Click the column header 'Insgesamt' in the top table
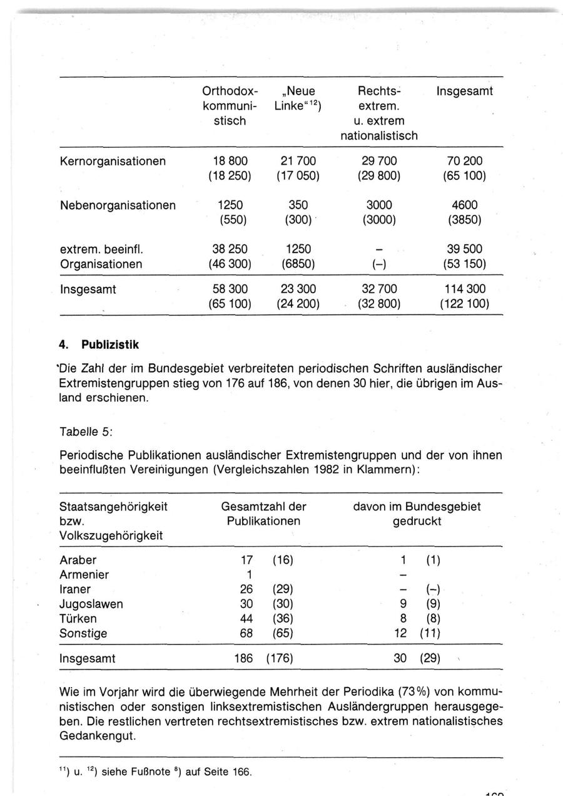pos(464,91)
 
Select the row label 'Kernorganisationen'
pos(113,161)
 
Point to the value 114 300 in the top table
pos(464,289)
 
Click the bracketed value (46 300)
pos(230,264)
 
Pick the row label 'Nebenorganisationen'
pos(117,205)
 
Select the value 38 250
pos(230,249)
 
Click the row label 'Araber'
pos(78,560)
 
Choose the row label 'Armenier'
pos(84,574)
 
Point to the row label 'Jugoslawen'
pos(91,604)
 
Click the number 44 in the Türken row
pos(246,619)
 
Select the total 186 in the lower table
pos(243,659)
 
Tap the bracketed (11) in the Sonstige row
pos(430,633)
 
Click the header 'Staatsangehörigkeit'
pos(113,507)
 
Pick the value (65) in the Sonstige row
pos(282,633)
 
